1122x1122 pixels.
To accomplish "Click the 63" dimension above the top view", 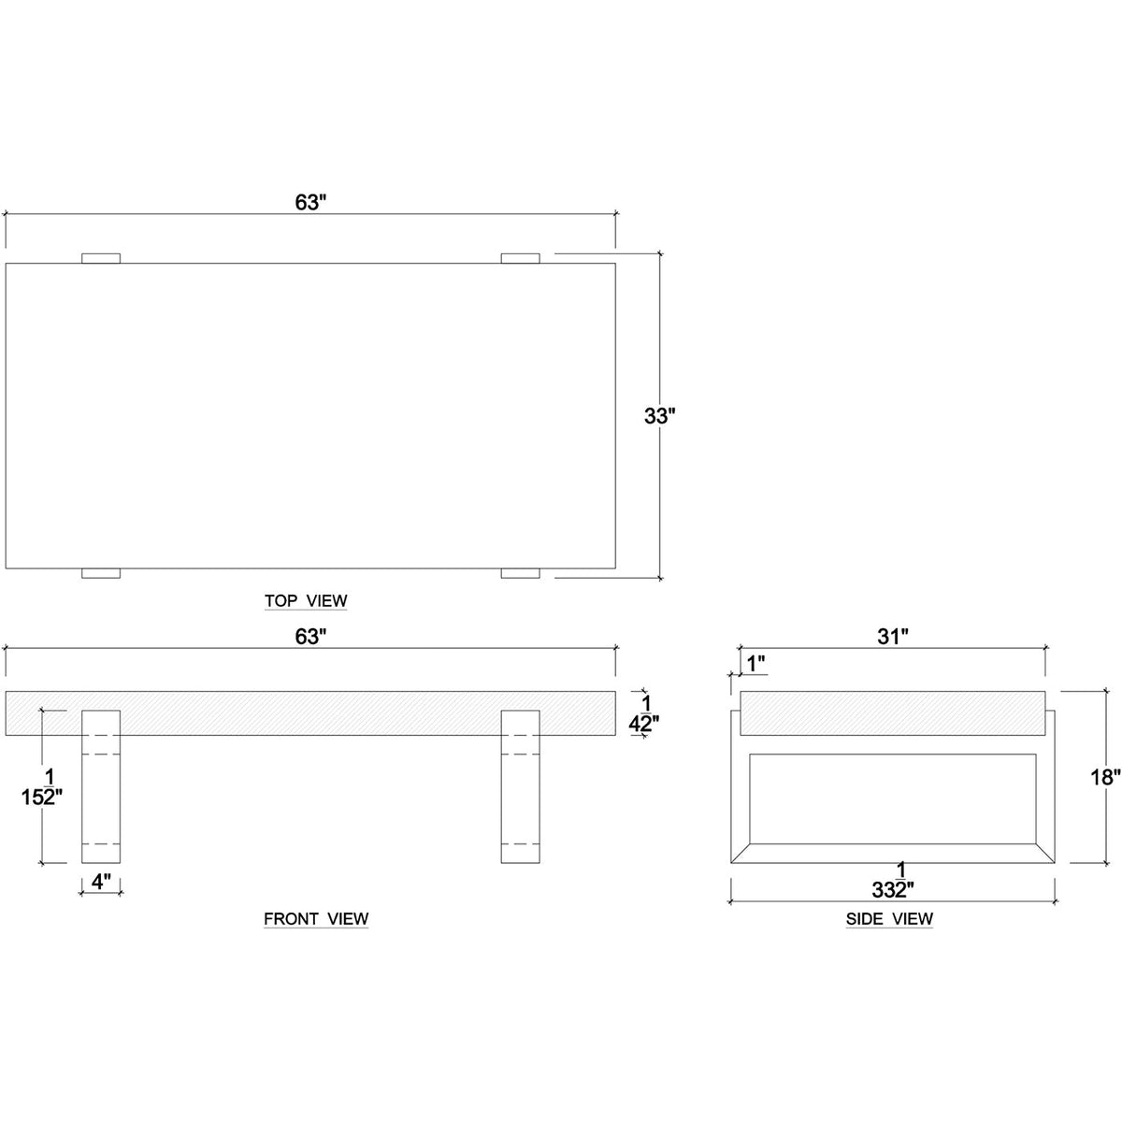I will [x=309, y=202].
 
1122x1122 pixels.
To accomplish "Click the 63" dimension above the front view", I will [x=309, y=637].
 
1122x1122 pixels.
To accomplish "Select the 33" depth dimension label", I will [x=659, y=416].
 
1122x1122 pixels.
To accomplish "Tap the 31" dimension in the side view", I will [x=893, y=637].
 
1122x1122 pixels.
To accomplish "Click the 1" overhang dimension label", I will [x=756, y=663].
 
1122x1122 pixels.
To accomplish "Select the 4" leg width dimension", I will [x=101, y=881].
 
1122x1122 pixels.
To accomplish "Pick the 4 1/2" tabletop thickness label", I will [x=643, y=713].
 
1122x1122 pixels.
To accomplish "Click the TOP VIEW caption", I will [x=306, y=600].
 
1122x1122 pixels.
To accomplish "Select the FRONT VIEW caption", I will [x=316, y=919].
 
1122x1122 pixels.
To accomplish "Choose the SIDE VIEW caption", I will [x=889, y=919].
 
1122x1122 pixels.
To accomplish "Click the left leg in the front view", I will [x=101, y=785].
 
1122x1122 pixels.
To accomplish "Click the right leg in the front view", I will [x=520, y=785].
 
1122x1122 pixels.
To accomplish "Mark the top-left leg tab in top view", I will [x=101, y=258].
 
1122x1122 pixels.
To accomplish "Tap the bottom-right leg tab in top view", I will [x=520, y=573].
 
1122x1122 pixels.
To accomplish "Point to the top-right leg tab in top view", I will [x=520, y=258].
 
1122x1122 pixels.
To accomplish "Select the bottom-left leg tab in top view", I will [x=101, y=573].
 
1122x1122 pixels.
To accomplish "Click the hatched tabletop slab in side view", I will [x=893, y=712].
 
